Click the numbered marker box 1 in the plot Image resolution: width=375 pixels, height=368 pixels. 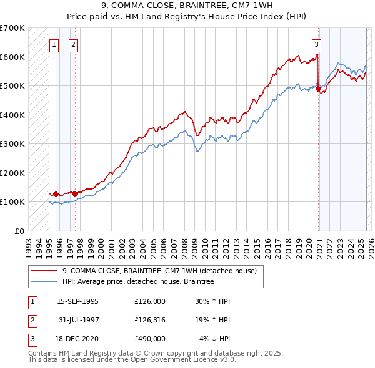coord(54,44)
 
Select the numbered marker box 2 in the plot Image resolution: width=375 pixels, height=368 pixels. coord(74,44)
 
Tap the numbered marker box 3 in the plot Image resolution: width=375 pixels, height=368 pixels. coord(317,44)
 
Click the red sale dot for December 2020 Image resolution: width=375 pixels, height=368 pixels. coord(318,89)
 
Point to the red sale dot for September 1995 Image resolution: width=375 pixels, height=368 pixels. coord(56,194)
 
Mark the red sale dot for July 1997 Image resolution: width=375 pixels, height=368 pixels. coord(75,194)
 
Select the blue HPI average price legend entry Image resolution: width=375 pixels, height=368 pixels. coord(138,282)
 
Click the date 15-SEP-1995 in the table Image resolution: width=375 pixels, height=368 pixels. coord(77,301)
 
